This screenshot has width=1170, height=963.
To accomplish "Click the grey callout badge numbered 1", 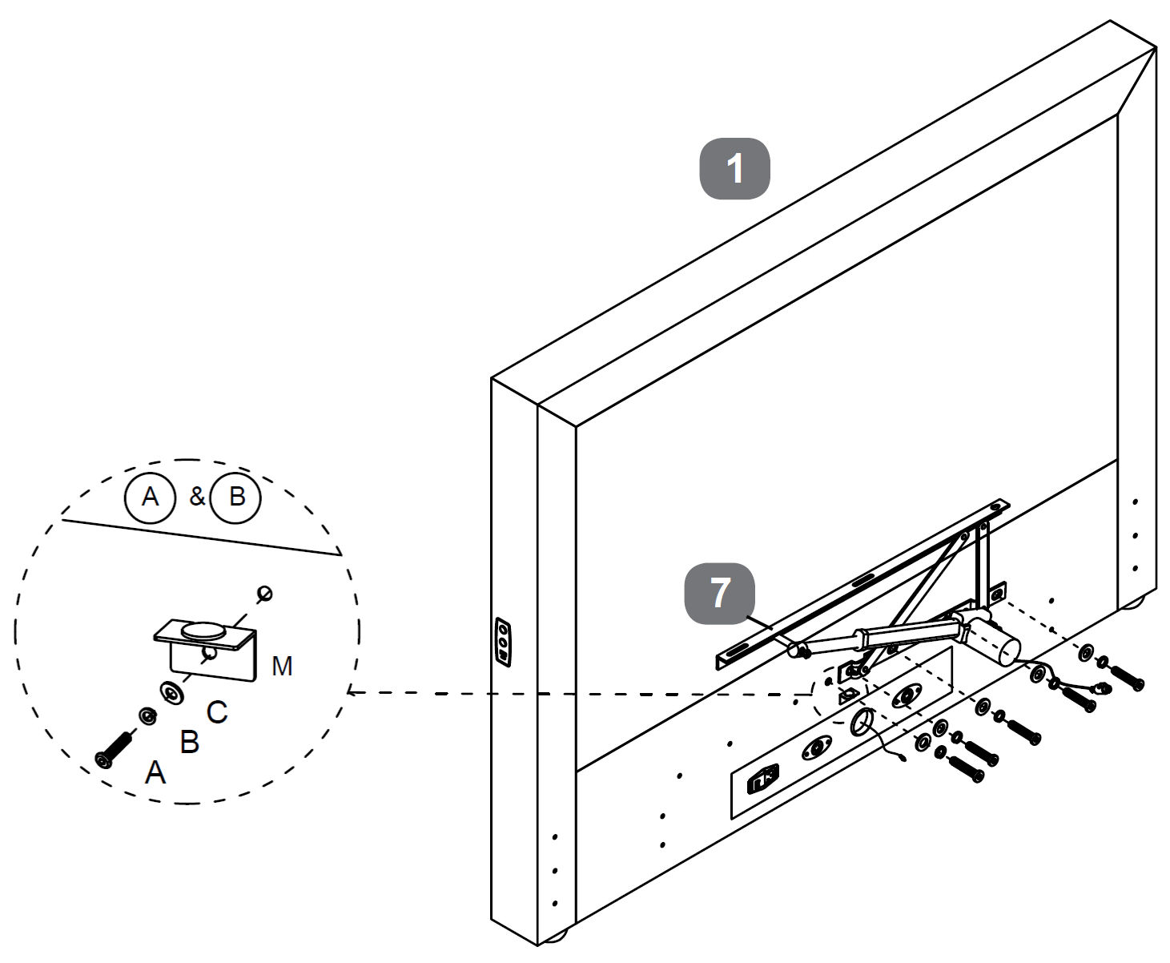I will tap(734, 169).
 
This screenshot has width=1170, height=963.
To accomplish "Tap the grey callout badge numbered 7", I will tap(719, 594).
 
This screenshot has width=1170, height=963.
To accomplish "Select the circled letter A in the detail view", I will tap(150, 498).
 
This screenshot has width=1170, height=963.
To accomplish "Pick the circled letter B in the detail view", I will tap(236, 498).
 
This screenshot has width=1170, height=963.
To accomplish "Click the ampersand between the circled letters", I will tap(196, 498).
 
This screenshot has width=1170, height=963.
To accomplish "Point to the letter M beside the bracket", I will tap(282, 666).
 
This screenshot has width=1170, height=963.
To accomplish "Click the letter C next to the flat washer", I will tap(217, 711).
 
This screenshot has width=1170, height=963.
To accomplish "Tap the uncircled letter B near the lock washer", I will tap(189, 742).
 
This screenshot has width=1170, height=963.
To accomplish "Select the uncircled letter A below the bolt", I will tap(155, 773).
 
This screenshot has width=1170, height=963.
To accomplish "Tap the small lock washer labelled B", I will tap(147, 715).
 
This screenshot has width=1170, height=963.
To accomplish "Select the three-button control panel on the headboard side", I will tap(503, 642).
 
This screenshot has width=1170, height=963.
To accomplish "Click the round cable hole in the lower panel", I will tap(862, 723).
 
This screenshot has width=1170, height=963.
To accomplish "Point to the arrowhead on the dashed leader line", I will tap(352, 692).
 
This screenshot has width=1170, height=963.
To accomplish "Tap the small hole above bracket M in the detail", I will tap(264, 594).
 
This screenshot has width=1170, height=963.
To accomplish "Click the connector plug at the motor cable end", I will tap(1103, 687).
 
